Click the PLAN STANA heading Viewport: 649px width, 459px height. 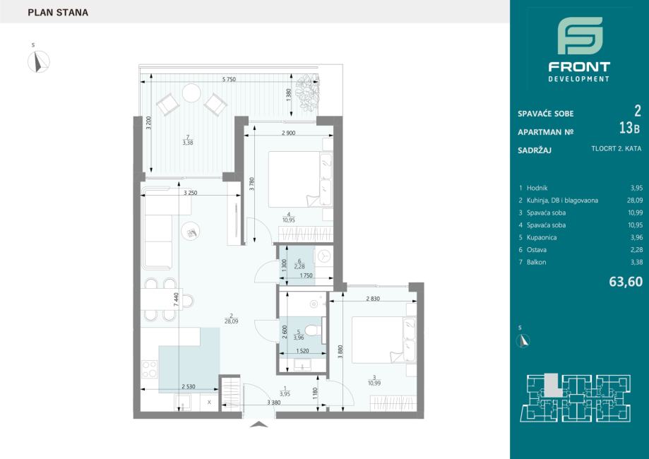(x=58, y=13)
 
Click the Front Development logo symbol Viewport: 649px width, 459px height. (x=580, y=35)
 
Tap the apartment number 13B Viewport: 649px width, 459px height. (x=629, y=129)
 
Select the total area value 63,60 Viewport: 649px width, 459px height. (x=626, y=282)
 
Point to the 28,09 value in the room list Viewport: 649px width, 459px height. (x=635, y=201)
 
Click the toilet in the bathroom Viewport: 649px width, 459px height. (x=314, y=330)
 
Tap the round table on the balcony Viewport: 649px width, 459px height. (x=191, y=93)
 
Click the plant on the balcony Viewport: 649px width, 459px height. (x=307, y=90)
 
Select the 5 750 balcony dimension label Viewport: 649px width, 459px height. (x=229, y=80)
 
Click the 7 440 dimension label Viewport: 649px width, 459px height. (x=177, y=299)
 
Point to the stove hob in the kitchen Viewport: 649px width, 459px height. (x=150, y=369)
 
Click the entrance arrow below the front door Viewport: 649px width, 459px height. (x=259, y=424)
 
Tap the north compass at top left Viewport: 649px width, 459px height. (x=39, y=61)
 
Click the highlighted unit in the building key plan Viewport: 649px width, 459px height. (x=552, y=386)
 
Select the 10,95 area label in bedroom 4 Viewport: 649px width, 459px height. (x=289, y=220)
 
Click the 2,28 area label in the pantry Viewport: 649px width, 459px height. (x=299, y=267)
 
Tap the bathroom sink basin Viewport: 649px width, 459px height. (x=304, y=364)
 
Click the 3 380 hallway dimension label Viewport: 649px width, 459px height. (x=274, y=403)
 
